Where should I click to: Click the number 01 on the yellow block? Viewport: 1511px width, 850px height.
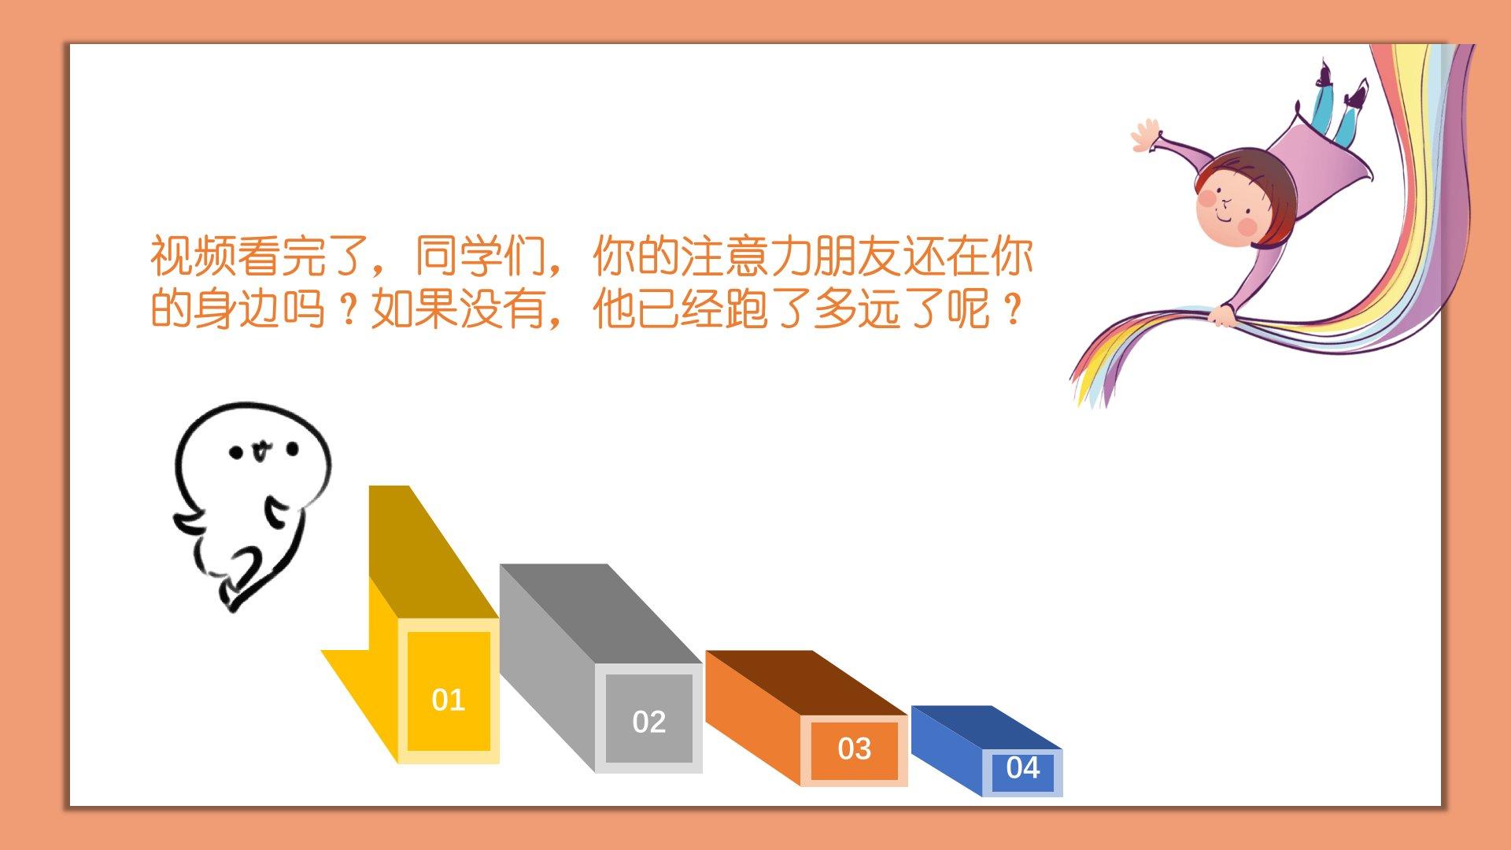(449, 700)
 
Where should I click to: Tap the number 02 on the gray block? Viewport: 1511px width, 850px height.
(649, 722)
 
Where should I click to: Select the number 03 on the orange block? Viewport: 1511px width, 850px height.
(855, 748)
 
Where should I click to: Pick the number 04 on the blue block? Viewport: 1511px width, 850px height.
(1023, 767)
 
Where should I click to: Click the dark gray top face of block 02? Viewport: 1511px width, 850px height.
(600, 614)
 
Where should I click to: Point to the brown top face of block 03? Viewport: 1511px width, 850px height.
(806, 683)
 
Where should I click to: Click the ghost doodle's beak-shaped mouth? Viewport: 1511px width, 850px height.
(260, 451)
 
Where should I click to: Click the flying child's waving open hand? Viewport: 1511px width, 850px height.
(1145, 135)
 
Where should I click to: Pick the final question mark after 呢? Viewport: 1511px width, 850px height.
(1013, 309)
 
